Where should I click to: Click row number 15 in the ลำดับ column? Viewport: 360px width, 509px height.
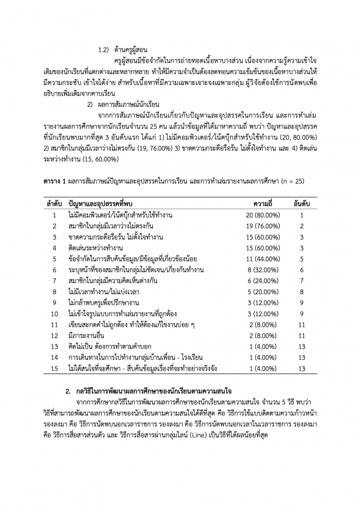[55, 369]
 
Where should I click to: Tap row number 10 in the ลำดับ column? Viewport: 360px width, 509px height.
[55, 314]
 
